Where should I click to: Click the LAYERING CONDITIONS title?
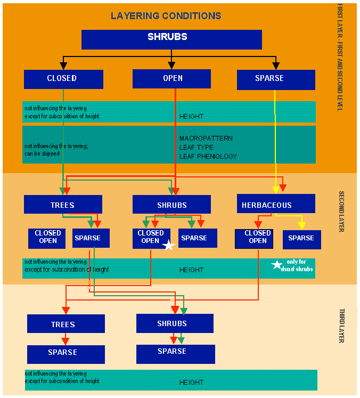[x=166, y=16]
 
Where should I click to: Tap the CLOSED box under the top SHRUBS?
[x=63, y=79]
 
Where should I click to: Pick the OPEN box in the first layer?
[x=172, y=79]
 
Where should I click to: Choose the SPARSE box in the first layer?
[x=275, y=79]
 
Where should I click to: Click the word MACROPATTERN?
[x=206, y=139]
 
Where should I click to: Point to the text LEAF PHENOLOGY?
[x=208, y=157]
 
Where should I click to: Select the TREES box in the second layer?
[x=63, y=205]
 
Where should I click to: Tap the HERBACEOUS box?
[x=275, y=204]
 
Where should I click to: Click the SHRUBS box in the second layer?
[x=172, y=205]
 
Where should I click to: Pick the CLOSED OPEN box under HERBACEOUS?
[x=253, y=238]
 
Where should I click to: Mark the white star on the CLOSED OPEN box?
[x=168, y=245]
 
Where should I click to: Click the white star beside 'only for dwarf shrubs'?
[x=276, y=265]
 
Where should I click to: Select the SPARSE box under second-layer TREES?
[x=91, y=238]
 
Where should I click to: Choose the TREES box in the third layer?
[x=66, y=324]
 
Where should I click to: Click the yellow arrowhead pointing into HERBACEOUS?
[x=275, y=190]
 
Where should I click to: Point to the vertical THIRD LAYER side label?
[x=341, y=325]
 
